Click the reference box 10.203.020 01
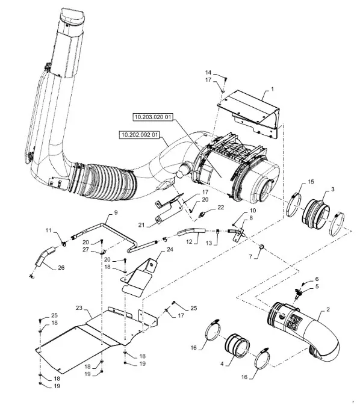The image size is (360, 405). pyautogui.click(x=153, y=117)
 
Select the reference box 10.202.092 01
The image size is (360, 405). pyautogui.click(x=140, y=135)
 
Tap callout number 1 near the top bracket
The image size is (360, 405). pyautogui.click(x=272, y=89)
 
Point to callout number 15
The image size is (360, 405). pyautogui.click(x=311, y=182)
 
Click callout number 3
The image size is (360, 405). pyautogui.click(x=332, y=190)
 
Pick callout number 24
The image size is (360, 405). pyautogui.click(x=170, y=250)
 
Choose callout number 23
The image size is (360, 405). pyautogui.click(x=79, y=308)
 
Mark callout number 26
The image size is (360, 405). pyautogui.click(x=61, y=268)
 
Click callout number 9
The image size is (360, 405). pyautogui.click(x=116, y=212)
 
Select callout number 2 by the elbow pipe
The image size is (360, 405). pyautogui.click(x=328, y=309)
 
